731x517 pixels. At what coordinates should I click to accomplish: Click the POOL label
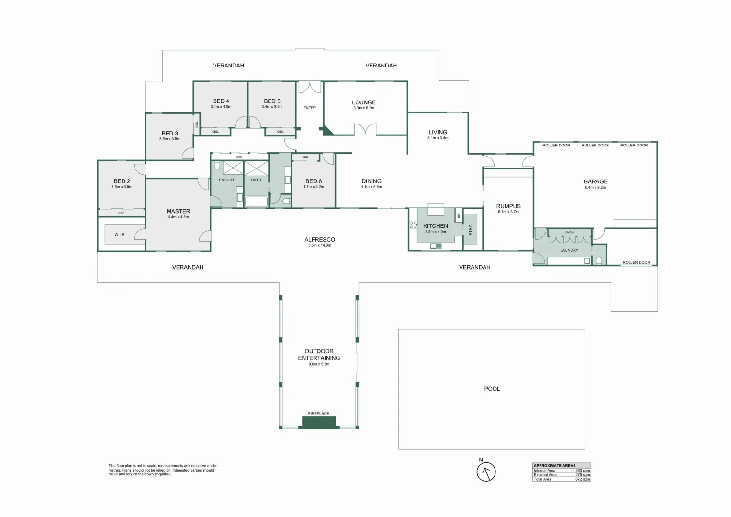coord(492,389)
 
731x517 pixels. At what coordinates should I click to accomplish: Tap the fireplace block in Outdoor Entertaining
coord(318,422)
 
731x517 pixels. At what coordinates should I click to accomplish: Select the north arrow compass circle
coord(486,472)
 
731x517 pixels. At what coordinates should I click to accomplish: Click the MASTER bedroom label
coord(178,211)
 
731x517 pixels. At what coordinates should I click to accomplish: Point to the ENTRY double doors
coord(310,87)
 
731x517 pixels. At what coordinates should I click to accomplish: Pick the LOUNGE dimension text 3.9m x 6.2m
coord(364,108)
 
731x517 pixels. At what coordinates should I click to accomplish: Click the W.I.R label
coord(120,235)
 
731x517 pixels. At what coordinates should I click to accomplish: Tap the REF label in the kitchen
coord(459,215)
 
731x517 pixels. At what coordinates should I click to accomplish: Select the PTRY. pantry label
coord(470,229)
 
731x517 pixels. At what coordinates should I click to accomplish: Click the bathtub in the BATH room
coord(256,202)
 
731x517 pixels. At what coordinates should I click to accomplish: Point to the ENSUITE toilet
coord(217,166)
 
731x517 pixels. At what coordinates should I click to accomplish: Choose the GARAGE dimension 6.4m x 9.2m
coord(596,187)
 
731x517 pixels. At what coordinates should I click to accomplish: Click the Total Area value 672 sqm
coord(583,479)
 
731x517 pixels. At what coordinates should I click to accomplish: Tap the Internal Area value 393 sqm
coord(583,470)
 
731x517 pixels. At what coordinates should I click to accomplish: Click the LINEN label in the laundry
coord(569,232)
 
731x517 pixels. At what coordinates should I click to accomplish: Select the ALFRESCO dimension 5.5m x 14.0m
coord(320,245)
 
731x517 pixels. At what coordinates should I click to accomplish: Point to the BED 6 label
coord(314,181)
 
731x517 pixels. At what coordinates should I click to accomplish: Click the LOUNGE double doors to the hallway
coord(366,129)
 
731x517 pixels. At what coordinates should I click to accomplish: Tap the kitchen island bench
coord(436,210)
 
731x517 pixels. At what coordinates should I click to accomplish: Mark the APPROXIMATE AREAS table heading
coord(554,466)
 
